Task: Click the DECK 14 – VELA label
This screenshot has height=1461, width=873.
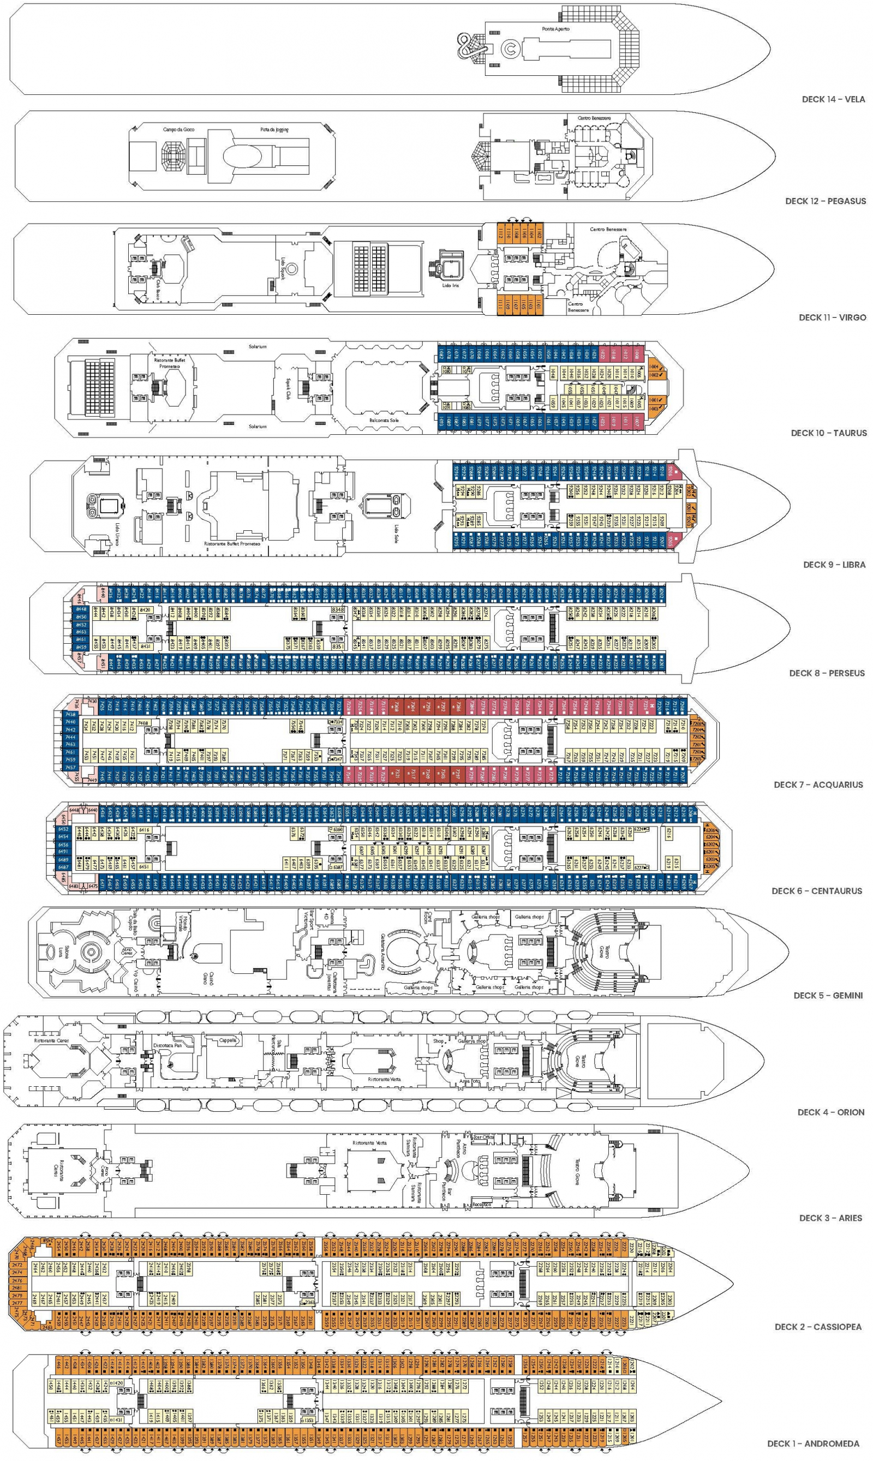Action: point(833,99)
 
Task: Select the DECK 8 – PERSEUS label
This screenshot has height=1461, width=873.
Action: point(827,673)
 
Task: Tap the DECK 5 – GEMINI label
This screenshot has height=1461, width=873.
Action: point(828,995)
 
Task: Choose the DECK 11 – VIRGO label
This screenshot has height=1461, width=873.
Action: point(832,317)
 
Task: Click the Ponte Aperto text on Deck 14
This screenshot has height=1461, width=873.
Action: point(555,29)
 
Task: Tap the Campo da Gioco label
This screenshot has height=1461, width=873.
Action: point(179,129)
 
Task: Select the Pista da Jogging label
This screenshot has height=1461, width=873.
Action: point(274,129)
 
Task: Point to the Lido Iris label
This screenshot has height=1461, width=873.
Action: point(450,285)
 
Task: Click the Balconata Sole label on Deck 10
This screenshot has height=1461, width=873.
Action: point(384,420)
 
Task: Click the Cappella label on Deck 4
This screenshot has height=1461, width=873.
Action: point(228,1040)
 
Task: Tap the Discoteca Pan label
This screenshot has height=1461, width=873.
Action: point(167,1045)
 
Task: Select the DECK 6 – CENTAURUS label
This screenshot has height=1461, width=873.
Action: point(816,890)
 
